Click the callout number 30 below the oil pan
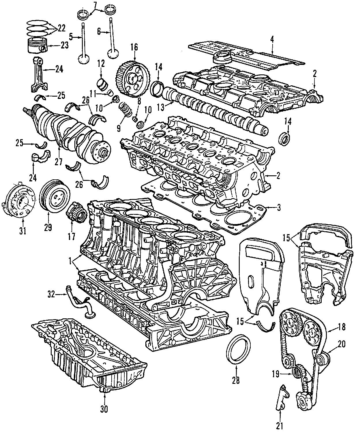click(x=104, y=409)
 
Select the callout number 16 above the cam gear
click(x=134, y=47)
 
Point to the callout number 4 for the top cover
click(x=271, y=39)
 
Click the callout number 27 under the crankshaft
click(x=59, y=162)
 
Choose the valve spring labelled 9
click(x=125, y=111)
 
